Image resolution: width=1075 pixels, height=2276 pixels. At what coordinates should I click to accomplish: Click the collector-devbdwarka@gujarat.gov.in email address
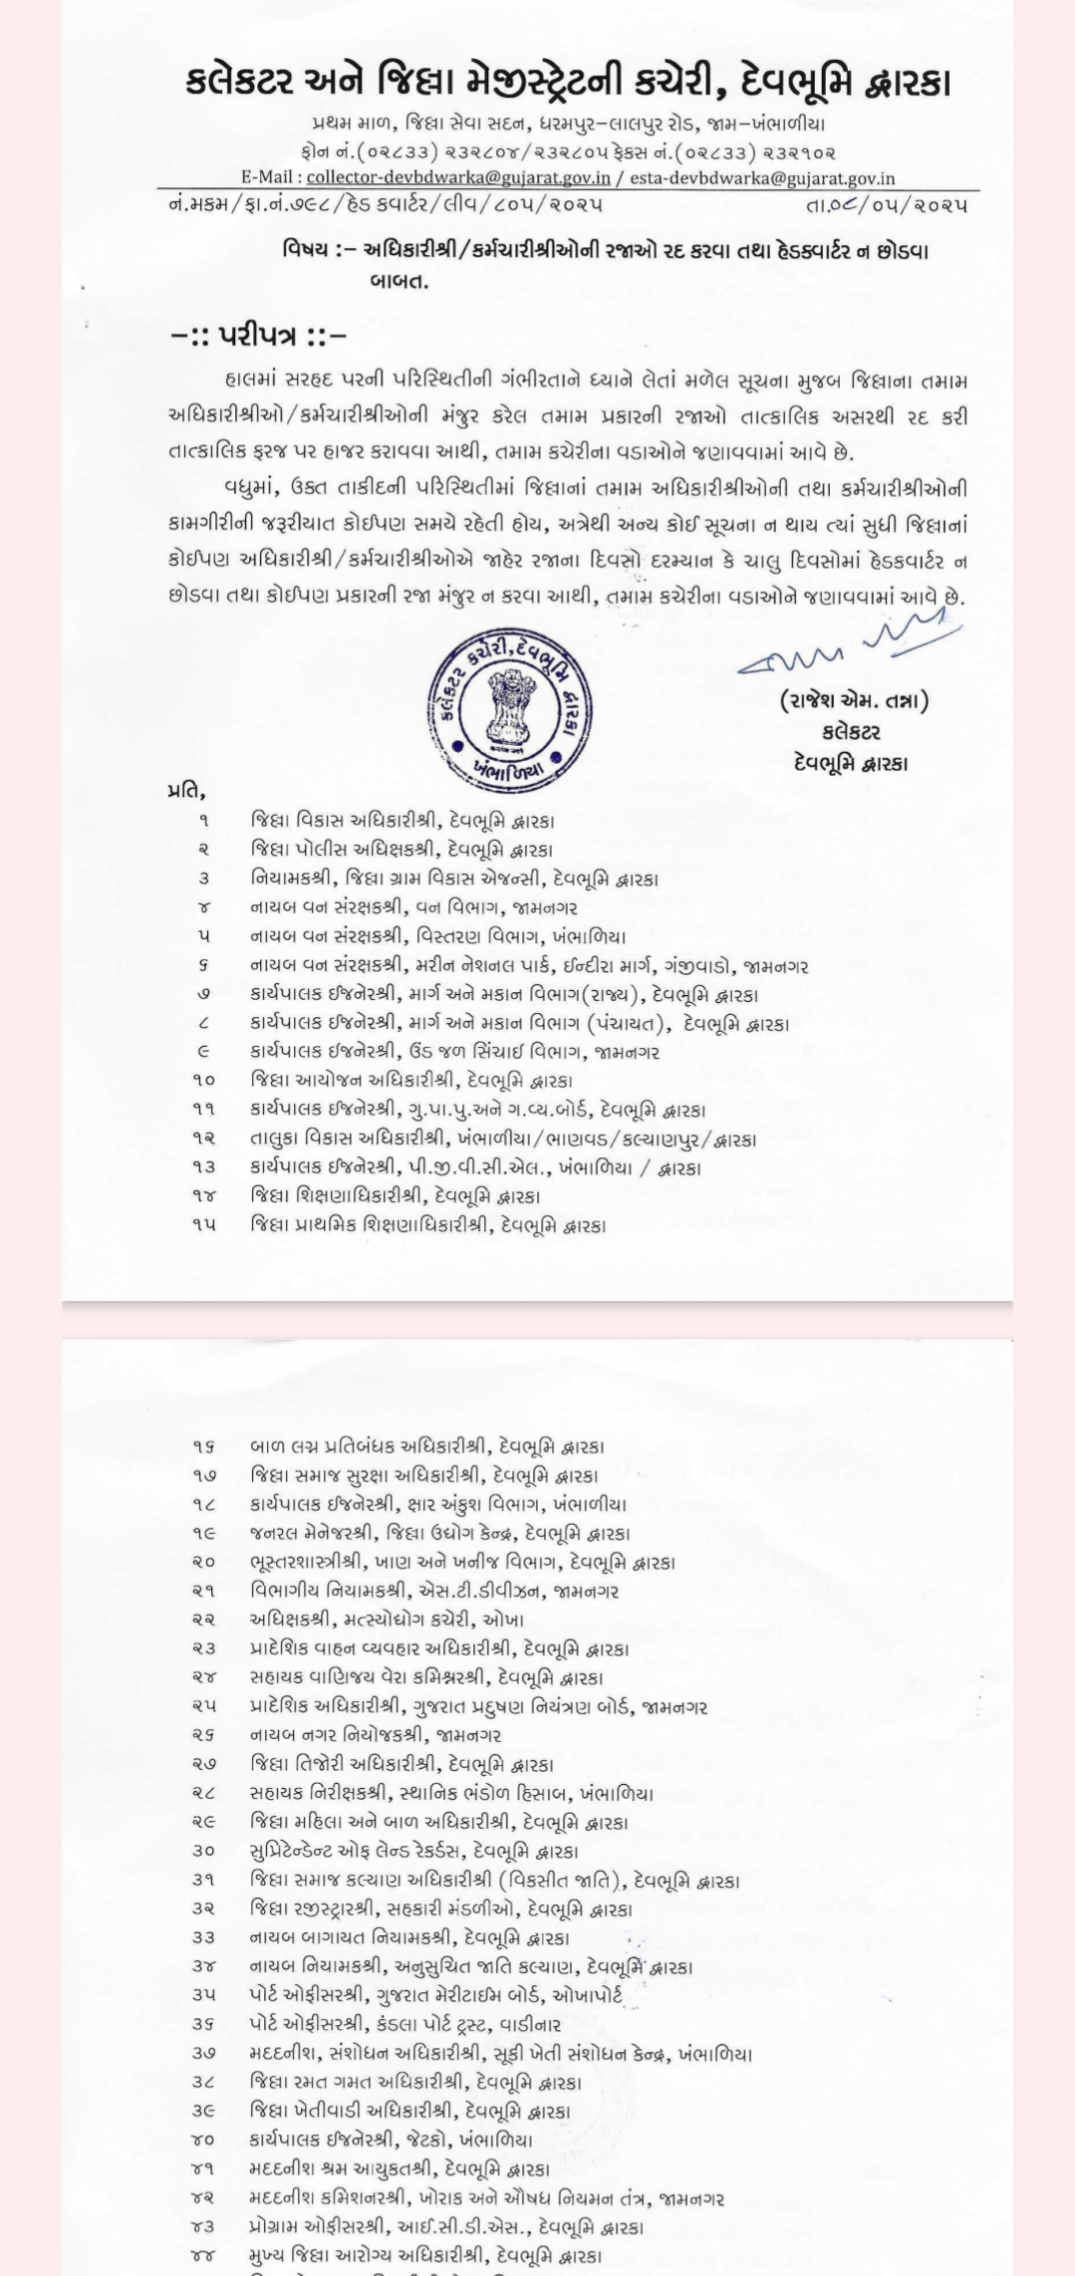[458, 178]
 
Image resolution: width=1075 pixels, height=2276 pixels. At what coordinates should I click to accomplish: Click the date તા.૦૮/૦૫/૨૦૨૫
[886, 205]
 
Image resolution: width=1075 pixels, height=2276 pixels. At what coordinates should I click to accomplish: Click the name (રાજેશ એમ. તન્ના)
[854, 701]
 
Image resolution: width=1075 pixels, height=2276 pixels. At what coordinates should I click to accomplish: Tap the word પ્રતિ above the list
[186, 792]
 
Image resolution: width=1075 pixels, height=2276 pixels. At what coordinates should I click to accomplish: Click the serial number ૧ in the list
[203, 822]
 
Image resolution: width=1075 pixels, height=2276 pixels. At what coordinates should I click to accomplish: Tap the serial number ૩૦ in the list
[203, 1852]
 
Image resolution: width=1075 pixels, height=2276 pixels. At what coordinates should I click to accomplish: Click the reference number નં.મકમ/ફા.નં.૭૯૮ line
[387, 205]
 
